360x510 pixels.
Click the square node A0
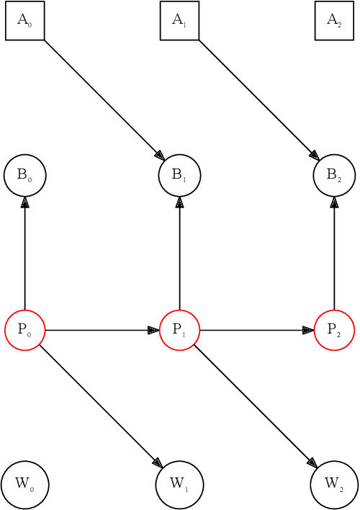[24, 21]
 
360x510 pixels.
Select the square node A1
[179, 21]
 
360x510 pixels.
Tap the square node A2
[334, 21]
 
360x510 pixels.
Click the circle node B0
[24, 175]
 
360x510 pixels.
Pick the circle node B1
[179, 175]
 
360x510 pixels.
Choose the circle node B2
[334, 175]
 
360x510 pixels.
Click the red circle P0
[24, 330]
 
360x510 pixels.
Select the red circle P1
[179, 330]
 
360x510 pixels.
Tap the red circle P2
[334, 330]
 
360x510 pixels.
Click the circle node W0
[24, 485]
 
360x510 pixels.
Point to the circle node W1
[179, 485]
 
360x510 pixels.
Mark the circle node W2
[334, 485]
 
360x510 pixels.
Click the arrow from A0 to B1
[102, 98]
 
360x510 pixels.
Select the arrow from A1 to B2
[257, 98]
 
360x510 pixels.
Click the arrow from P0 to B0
[24, 252]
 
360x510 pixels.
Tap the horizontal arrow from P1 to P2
[256, 330]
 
